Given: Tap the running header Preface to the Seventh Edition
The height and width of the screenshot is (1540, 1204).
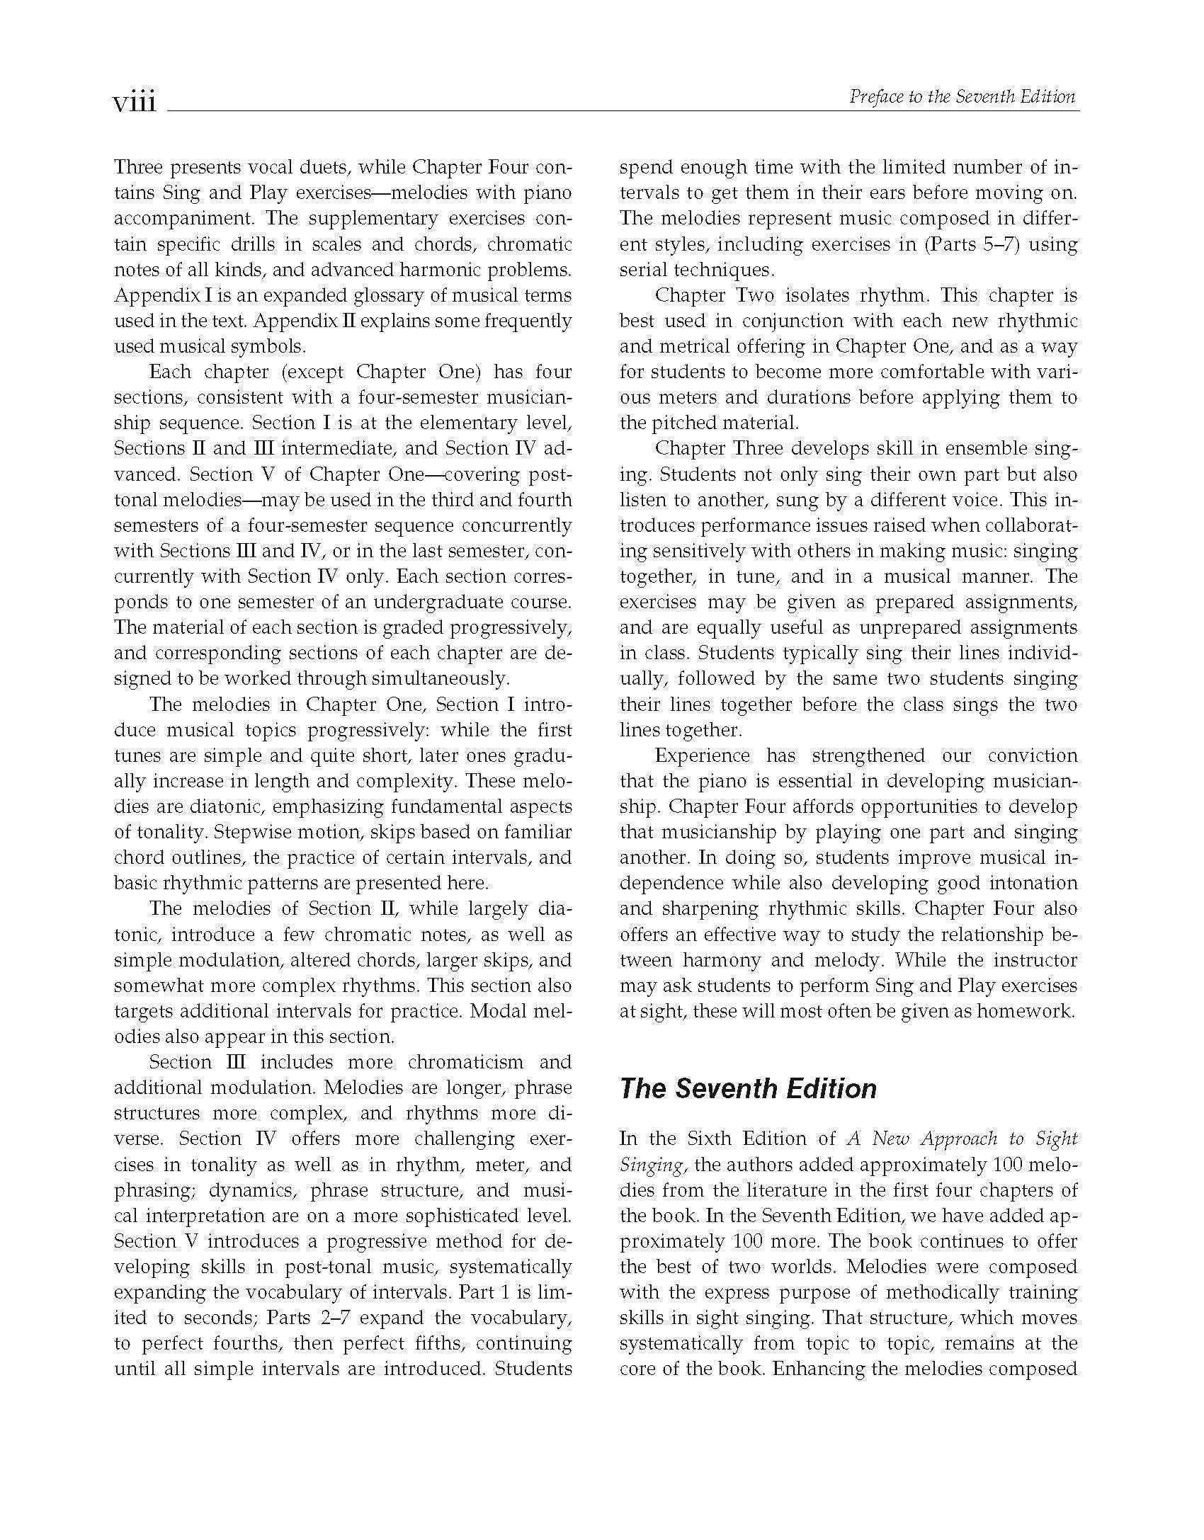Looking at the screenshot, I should (962, 97).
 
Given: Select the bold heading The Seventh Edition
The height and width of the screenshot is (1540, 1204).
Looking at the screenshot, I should (748, 1089).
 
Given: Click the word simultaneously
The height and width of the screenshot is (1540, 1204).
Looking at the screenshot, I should (438, 678).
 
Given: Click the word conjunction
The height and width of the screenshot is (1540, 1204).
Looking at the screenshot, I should (790, 321).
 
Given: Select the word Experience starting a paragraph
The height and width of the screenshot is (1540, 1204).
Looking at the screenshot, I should (703, 755).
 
